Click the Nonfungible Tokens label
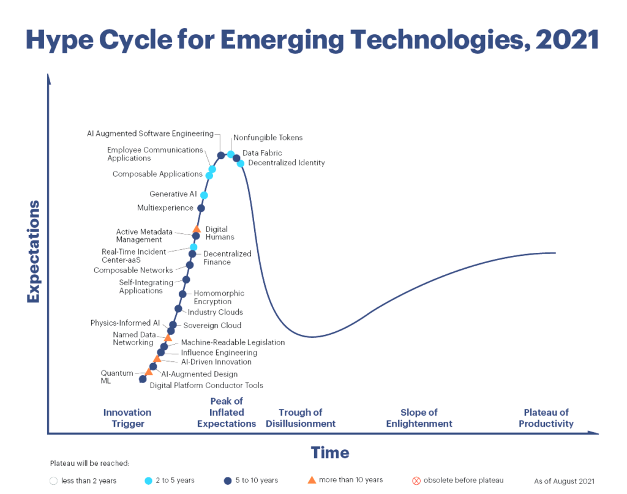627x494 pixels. tap(268, 138)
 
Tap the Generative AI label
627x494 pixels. tap(173, 194)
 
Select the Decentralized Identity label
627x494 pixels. tap(287, 163)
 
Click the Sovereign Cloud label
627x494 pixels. tap(212, 326)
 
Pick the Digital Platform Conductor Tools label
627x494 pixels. tap(206, 386)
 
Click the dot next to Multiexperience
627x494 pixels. tap(201, 208)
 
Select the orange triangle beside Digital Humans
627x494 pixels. tap(197, 230)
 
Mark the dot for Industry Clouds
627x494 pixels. tap(178, 309)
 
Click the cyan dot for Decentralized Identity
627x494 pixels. tap(241, 163)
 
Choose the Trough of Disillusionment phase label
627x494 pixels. tap(301, 418)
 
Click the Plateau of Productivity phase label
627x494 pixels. tap(546, 418)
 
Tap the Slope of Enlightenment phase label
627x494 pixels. tap(419, 418)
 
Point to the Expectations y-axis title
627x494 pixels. tap(33, 251)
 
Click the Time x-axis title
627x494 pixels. tap(330, 453)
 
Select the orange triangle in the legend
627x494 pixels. tap(312, 480)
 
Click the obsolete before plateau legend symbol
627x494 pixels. tap(416, 481)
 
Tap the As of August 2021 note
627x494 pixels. tap(564, 481)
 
